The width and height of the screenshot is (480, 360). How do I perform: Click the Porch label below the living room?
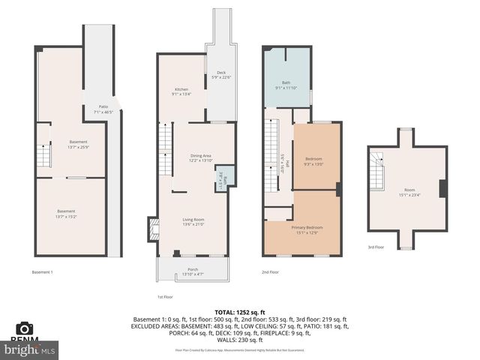pyautogui.click(x=193, y=271)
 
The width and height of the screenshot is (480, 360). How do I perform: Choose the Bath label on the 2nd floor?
pyautogui.click(x=286, y=85)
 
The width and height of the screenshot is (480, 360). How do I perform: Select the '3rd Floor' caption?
pyautogui.click(x=376, y=247)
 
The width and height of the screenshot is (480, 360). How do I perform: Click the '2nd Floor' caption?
pyautogui.click(x=270, y=272)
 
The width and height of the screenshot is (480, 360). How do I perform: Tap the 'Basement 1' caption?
pyautogui.click(x=42, y=272)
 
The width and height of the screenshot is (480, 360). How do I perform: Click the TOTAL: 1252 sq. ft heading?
pyautogui.click(x=240, y=311)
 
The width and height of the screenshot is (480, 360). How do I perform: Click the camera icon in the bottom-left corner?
pyautogui.click(x=25, y=328)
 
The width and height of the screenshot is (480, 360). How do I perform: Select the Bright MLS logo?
pyautogui.click(x=30, y=349)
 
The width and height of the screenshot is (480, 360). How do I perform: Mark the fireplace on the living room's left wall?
pyautogui.click(x=153, y=227)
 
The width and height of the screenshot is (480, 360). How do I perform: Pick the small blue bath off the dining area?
pyautogui.click(x=222, y=181)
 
